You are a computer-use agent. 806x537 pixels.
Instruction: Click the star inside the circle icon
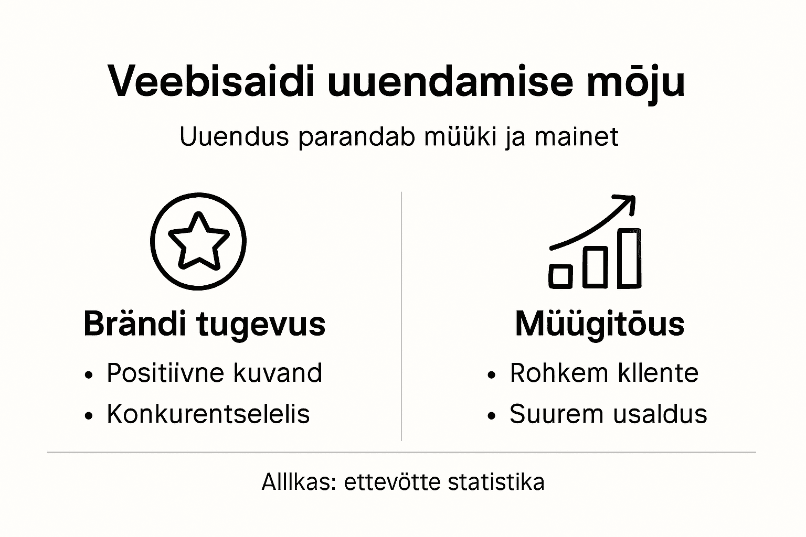(198, 241)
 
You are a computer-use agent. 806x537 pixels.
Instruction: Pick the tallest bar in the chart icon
(629, 258)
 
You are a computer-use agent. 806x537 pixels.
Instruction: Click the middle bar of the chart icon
(595, 266)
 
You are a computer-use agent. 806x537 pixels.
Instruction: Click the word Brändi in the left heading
(134, 324)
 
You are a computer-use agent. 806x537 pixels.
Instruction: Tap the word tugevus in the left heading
(261, 325)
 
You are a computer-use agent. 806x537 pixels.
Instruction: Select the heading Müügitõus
(599, 324)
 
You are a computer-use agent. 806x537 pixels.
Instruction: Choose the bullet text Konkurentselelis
(208, 414)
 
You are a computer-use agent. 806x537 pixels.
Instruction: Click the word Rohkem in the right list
(551, 373)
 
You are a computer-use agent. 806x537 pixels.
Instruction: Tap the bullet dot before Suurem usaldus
(492, 415)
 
